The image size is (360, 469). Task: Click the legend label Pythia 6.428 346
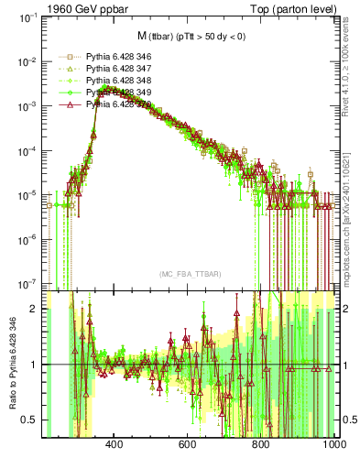[x=117, y=57]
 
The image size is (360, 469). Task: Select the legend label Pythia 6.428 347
[x=117, y=69]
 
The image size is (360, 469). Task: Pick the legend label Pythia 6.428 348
[x=117, y=81]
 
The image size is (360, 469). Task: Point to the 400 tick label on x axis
[x=115, y=444]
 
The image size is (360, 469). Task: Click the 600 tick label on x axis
[x=188, y=444]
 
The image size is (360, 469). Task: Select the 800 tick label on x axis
[x=261, y=444]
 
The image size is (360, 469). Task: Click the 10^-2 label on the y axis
[x=26, y=61]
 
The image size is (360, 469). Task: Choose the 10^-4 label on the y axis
[x=26, y=150]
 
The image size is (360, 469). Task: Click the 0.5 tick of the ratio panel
[x=28, y=420]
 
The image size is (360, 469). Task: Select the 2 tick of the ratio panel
[x=34, y=309]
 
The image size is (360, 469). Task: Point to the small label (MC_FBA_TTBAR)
[x=189, y=274]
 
